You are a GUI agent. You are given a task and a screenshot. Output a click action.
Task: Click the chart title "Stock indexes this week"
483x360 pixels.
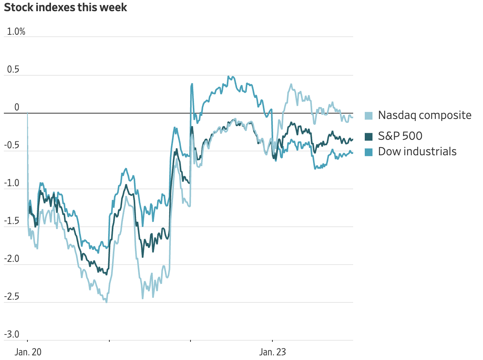(65, 7)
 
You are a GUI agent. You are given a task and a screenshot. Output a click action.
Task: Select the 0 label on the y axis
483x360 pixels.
(17, 107)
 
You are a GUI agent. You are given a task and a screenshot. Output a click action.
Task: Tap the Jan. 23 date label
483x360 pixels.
(272, 352)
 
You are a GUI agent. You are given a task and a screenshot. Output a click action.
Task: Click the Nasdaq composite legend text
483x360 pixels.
(425, 115)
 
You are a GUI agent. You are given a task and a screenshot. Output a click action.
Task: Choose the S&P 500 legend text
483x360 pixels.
(400, 136)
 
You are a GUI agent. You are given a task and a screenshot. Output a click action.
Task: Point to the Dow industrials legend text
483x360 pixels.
(417, 151)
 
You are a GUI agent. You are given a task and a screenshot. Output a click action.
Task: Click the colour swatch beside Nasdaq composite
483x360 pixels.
(369, 115)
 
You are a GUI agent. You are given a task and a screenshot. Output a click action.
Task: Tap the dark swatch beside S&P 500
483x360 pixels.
(369, 136)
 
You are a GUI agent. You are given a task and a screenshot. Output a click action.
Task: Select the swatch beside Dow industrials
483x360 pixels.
(369, 152)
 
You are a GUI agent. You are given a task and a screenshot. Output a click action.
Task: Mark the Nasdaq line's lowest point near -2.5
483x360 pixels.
(106, 302)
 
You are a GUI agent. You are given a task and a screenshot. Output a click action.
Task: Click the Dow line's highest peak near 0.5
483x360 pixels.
(228, 76)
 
